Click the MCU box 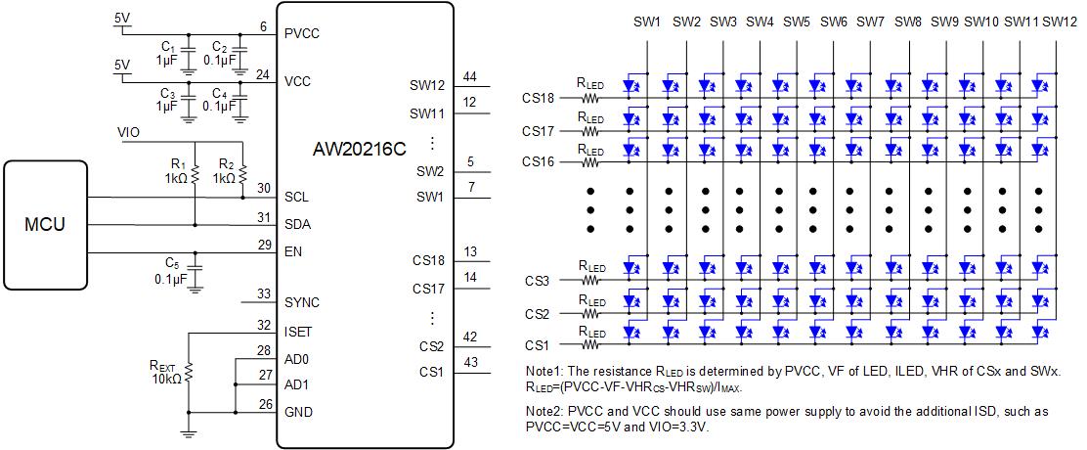44,225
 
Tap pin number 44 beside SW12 470,77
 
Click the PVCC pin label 302,33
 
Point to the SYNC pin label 302,303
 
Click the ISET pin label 298,333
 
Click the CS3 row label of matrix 538,281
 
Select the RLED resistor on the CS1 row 590,344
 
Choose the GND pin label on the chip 298,412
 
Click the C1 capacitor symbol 188,50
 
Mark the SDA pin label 297,225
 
